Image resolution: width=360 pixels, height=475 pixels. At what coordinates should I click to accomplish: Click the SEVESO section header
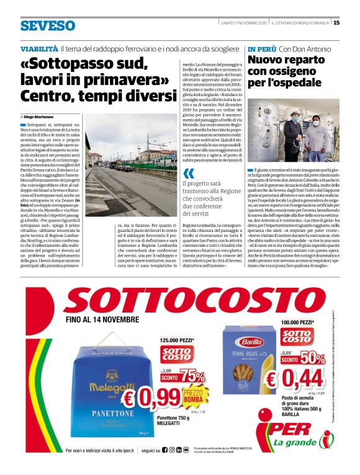tap(47, 25)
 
